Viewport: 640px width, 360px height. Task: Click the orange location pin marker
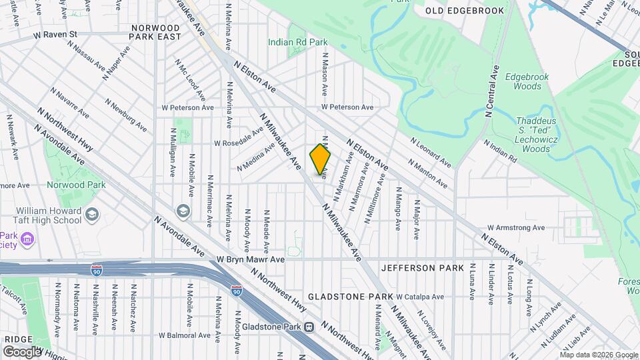321,160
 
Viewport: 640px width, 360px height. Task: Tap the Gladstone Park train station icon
309,327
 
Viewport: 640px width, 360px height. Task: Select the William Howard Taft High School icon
91,215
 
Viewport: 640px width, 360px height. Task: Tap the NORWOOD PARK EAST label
156,32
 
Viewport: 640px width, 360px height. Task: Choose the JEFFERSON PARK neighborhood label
422,268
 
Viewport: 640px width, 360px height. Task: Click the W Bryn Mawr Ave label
251,259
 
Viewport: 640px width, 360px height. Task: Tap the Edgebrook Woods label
527,81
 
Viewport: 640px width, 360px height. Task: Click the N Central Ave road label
495,91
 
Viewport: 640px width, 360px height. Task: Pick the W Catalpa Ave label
420,297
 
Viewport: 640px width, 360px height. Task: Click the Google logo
23,351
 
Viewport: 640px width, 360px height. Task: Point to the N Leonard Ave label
430,153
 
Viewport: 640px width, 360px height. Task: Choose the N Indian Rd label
500,152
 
